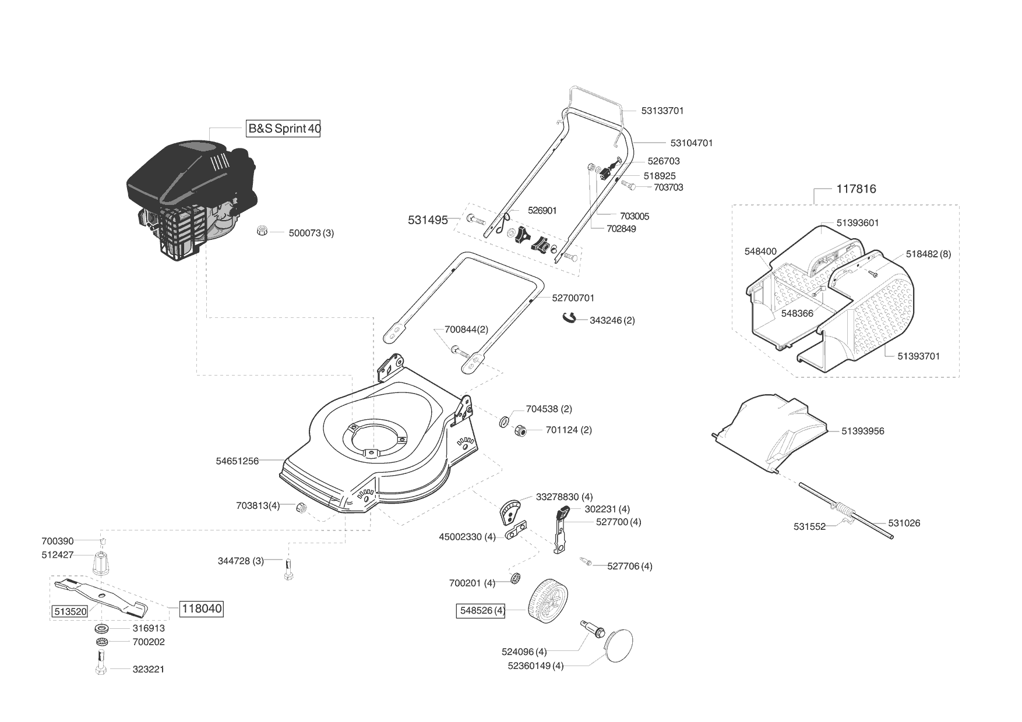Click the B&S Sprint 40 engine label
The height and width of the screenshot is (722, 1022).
click(284, 129)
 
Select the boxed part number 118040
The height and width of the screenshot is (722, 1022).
click(202, 609)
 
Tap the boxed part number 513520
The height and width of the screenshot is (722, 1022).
click(70, 612)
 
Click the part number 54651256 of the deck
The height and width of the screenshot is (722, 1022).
click(237, 461)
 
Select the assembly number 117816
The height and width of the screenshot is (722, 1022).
click(856, 189)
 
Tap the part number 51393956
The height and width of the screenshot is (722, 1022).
click(862, 431)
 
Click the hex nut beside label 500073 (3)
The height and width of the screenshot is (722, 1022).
click(262, 231)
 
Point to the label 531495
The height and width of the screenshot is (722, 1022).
click(428, 220)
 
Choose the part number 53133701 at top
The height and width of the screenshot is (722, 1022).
click(662, 111)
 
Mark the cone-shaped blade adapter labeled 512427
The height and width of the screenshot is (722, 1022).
click(101, 561)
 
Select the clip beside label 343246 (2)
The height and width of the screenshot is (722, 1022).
click(569, 317)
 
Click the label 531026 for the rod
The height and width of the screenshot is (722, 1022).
click(904, 523)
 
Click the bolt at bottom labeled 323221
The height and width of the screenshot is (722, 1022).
click(100, 664)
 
